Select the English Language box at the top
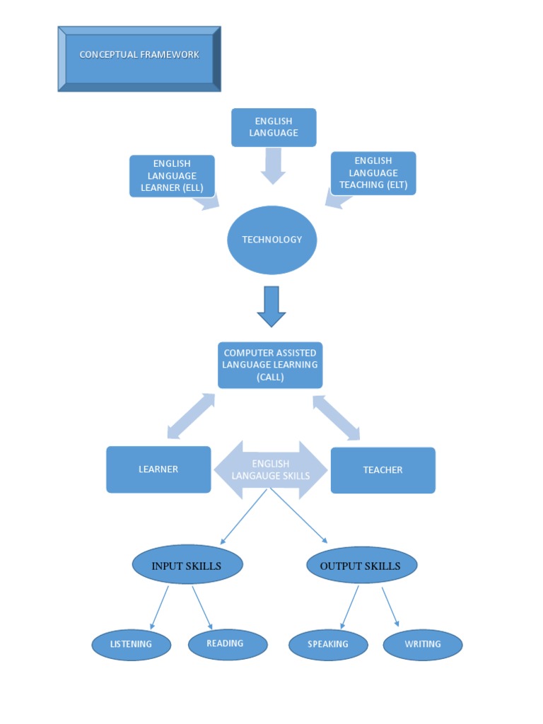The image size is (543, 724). [x=274, y=127]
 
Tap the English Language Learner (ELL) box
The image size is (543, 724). [x=172, y=176]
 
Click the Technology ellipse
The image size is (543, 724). [x=271, y=240]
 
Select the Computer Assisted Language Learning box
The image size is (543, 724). [x=270, y=365]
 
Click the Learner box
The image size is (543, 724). [x=158, y=469]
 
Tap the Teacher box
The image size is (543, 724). [x=383, y=470]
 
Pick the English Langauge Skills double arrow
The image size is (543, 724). [x=271, y=470]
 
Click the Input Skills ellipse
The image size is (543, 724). [x=187, y=566]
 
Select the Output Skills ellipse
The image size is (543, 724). [x=361, y=566]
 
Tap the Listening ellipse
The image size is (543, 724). [x=132, y=644]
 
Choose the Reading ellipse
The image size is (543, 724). [x=228, y=644]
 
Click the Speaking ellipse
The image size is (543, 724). [x=328, y=645]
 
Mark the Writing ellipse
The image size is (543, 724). [x=423, y=645]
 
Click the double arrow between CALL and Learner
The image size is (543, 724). [x=191, y=416]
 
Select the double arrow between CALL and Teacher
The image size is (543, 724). [x=337, y=417]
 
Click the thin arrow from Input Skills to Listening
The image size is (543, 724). [x=160, y=607]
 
